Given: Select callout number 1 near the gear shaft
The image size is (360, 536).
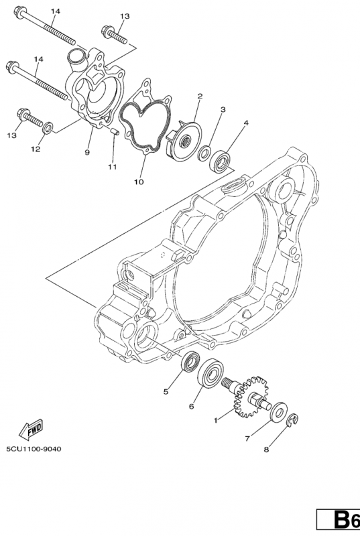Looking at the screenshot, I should click(x=215, y=420).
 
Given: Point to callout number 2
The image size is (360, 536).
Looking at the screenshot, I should click(x=199, y=97).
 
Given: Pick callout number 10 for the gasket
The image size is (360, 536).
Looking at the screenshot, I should click(x=139, y=181).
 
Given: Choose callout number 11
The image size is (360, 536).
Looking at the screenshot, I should click(x=112, y=165).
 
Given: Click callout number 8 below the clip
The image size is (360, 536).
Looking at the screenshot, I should click(x=265, y=450).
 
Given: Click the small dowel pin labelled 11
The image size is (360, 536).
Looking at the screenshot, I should click(x=115, y=131).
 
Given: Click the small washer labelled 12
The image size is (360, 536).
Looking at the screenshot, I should click(x=48, y=126).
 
